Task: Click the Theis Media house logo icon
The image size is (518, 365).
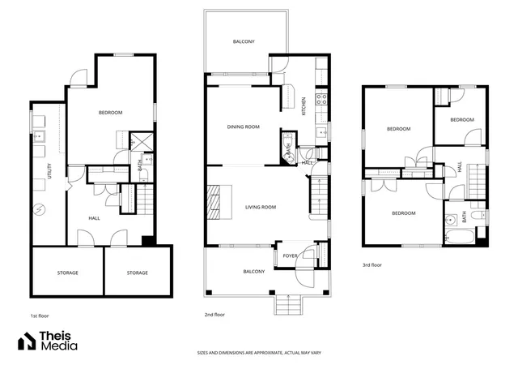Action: [27, 341]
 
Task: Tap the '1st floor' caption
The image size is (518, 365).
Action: [40, 316]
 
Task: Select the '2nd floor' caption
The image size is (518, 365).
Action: [214, 315]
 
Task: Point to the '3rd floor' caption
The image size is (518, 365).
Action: [372, 265]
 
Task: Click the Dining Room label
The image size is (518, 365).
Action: [244, 127]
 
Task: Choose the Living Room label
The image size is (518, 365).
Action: [261, 208]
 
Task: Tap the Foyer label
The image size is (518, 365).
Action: [290, 256]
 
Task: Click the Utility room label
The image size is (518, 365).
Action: [49, 171]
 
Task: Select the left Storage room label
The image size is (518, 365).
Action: [68, 273]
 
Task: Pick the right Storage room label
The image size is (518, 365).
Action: [138, 273]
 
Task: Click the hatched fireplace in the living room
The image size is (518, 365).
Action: [214, 202]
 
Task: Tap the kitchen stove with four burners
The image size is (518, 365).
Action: [322, 99]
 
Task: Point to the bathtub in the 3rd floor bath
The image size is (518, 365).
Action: [460, 237]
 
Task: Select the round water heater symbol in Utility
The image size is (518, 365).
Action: [40, 209]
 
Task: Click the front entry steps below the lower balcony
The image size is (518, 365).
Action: [288, 305]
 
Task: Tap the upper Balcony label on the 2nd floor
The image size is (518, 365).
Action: [244, 41]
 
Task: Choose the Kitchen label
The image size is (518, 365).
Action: [304, 106]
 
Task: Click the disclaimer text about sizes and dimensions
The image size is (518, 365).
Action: [259, 353]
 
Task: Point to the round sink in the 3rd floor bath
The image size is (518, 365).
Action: [451, 220]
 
